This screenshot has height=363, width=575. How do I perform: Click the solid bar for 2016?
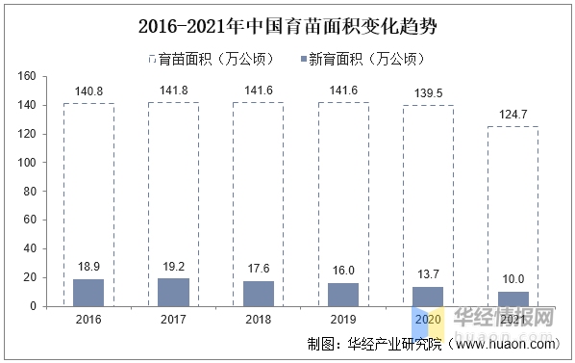(88, 293)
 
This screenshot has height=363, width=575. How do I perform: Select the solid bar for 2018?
(259, 294)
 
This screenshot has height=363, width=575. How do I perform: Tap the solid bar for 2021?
(512, 298)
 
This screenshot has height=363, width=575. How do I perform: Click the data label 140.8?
(88, 92)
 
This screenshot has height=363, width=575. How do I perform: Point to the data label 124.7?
(512, 116)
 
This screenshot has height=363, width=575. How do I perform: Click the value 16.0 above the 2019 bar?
(343, 272)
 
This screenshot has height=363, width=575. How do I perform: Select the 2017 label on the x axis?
(173, 319)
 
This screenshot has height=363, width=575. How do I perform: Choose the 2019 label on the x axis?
(343, 319)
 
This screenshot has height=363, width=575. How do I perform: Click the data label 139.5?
(428, 94)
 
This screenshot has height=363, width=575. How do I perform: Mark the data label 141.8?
(173, 91)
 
